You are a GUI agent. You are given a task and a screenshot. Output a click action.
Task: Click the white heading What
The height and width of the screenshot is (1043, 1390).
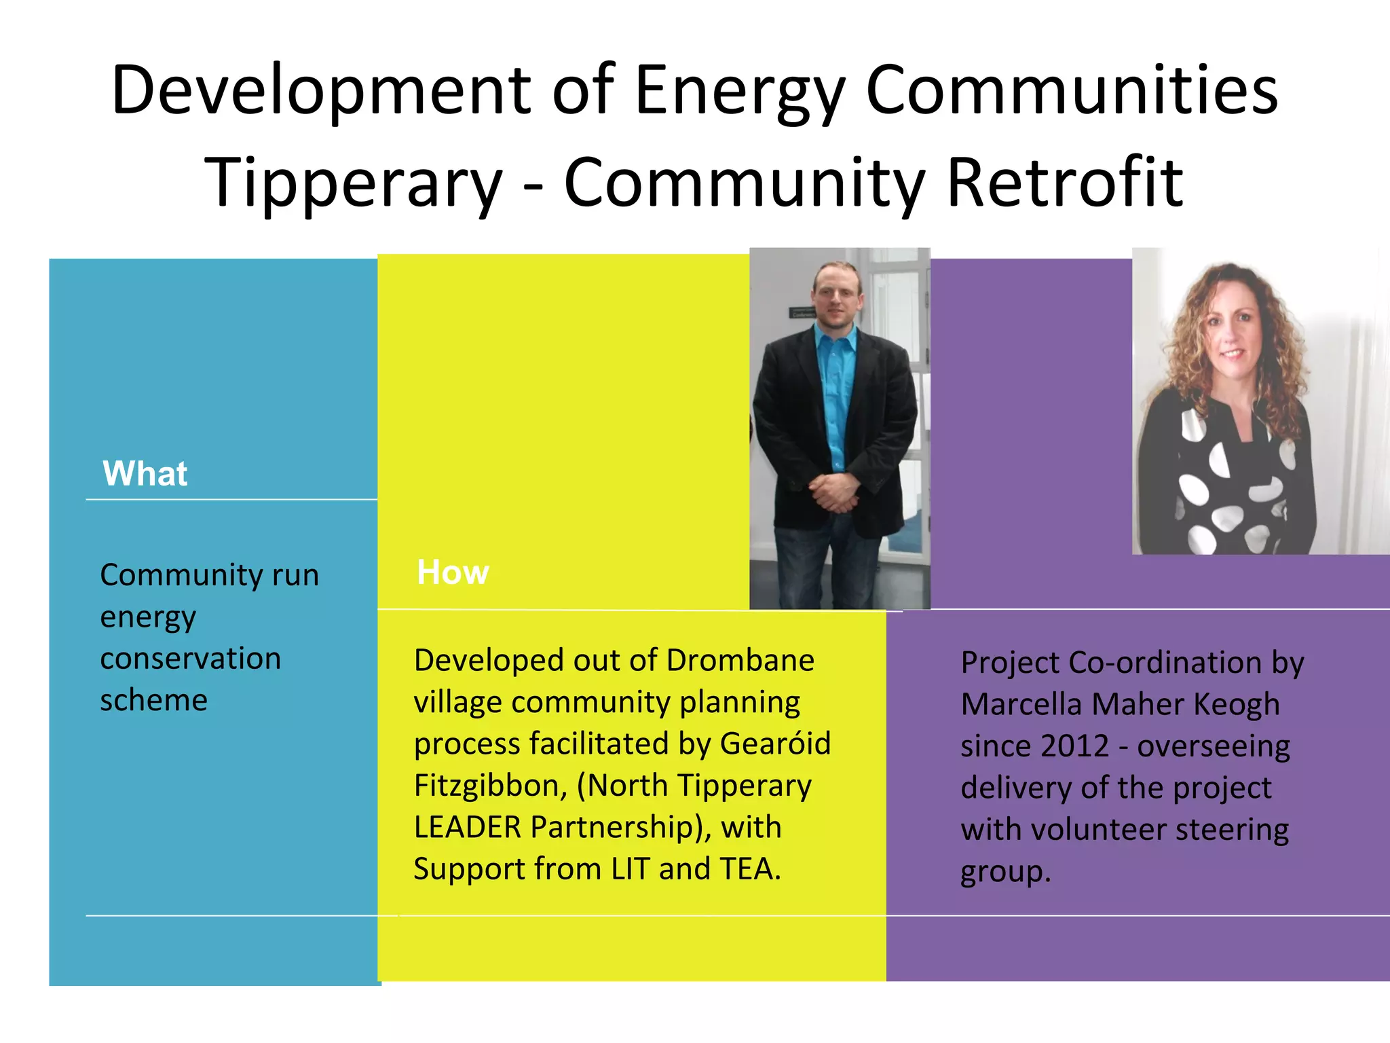[x=145, y=474]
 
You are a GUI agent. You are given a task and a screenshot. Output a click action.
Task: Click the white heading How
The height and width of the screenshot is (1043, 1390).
[x=453, y=572]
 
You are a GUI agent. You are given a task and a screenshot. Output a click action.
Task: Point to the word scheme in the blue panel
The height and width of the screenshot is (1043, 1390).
[x=153, y=700]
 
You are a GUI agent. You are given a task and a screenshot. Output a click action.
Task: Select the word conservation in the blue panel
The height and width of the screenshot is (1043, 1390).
[x=190, y=659]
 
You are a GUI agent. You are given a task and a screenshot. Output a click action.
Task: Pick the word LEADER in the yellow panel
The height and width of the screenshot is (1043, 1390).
[x=468, y=828]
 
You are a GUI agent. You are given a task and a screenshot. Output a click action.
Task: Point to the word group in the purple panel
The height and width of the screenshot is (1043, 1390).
[x=1000, y=872]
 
